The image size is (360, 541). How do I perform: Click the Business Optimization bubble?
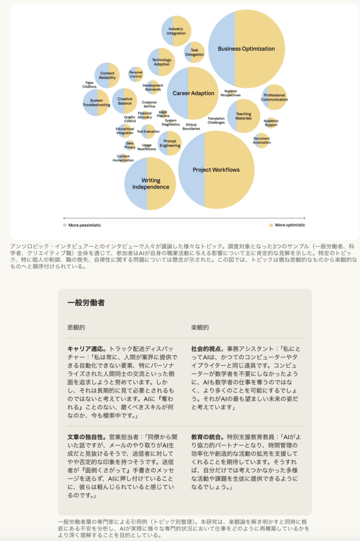(246, 49)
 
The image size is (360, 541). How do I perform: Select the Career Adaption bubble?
(193, 94)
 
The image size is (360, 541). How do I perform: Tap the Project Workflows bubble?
(216, 170)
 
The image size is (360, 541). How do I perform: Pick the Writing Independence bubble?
(150, 183)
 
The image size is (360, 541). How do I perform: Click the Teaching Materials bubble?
(244, 116)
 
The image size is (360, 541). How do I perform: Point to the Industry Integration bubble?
(176, 31)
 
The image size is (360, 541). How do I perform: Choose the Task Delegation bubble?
(194, 52)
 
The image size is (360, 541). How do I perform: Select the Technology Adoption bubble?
(161, 62)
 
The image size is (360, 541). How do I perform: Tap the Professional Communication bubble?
(274, 97)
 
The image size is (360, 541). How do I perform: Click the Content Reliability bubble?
(107, 76)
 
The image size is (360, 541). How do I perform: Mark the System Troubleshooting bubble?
(96, 102)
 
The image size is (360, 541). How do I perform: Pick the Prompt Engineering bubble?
(170, 143)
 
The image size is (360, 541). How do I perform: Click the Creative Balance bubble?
(125, 101)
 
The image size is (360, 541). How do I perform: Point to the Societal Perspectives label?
(230, 93)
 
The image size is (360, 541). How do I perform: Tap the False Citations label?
(89, 85)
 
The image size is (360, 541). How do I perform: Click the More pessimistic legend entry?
(82, 225)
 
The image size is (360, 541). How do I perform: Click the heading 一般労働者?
(86, 303)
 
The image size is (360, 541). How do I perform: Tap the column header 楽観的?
(200, 328)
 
